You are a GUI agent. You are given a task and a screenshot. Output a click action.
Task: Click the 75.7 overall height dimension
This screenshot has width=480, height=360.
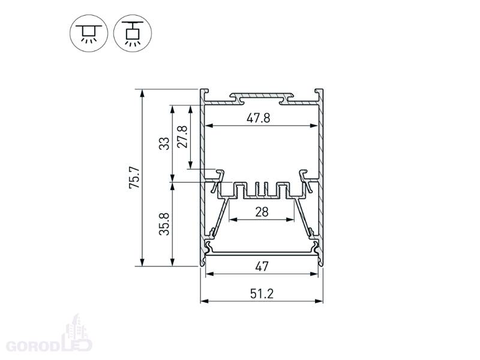point(134,178)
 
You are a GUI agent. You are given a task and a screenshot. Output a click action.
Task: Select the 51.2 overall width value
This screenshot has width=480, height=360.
point(262,293)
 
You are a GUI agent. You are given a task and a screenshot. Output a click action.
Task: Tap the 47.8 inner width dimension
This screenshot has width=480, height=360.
point(259,118)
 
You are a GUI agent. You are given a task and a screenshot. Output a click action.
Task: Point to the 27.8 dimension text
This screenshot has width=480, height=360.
point(182,137)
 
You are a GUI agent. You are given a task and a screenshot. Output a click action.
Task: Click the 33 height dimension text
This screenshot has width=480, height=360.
point(164,143)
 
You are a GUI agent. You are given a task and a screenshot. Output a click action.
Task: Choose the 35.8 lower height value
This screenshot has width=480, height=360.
point(164,224)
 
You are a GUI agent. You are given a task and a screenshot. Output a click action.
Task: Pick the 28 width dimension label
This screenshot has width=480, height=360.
point(262,212)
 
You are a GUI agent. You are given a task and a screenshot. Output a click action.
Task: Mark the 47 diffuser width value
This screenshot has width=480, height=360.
point(262,266)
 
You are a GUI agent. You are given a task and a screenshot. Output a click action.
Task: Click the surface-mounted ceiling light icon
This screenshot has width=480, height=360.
point(89,33)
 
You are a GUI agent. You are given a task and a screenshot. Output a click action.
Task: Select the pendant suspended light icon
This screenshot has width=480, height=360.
point(133,33)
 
